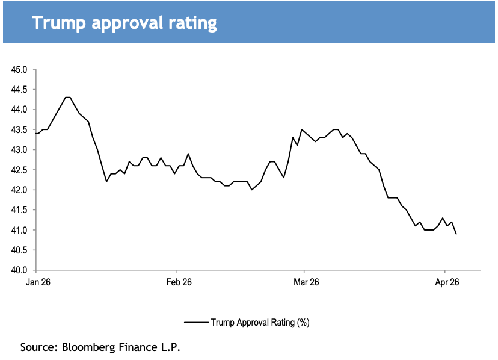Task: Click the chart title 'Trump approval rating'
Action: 124,23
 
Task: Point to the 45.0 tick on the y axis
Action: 20,69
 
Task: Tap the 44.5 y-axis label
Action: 20,89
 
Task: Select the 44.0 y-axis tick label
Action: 20,110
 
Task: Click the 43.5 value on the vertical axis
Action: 20,129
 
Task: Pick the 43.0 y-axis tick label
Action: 20,150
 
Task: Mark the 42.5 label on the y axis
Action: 20,170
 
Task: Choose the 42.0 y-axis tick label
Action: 20,190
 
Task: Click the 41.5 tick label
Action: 20,210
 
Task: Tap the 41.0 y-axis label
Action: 20,230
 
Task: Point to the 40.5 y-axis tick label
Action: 20,250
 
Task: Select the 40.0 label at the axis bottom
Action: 20,270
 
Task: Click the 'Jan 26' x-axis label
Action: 37,282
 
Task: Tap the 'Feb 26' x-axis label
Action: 179,282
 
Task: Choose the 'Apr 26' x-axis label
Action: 446,282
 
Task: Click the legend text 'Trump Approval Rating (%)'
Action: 260,323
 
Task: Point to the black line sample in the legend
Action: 196,323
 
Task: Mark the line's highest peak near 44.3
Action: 67,98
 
